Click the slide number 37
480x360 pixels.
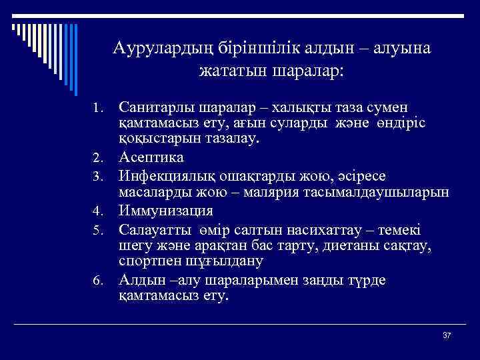pyautogui.click(x=447, y=335)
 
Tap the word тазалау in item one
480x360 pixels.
pyautogui.click(x=231, y=140)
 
